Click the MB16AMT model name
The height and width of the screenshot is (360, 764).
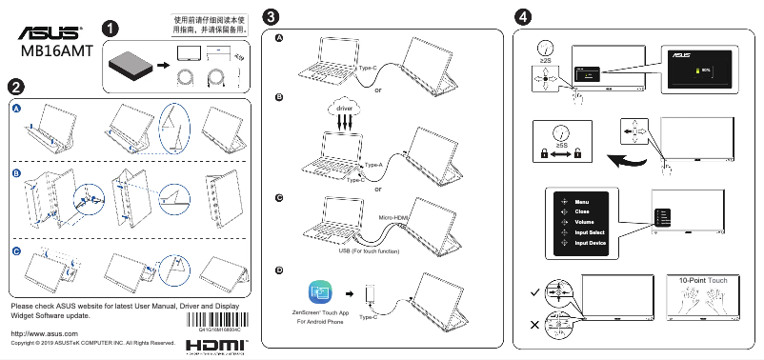[56, 51]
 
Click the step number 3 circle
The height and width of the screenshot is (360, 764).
[273, 17]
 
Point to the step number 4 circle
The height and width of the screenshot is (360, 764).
[523, 17]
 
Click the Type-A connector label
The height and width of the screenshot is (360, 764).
[373, 165]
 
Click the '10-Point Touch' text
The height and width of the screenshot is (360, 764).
[703, 281]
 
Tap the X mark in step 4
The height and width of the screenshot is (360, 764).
[533, 325]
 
